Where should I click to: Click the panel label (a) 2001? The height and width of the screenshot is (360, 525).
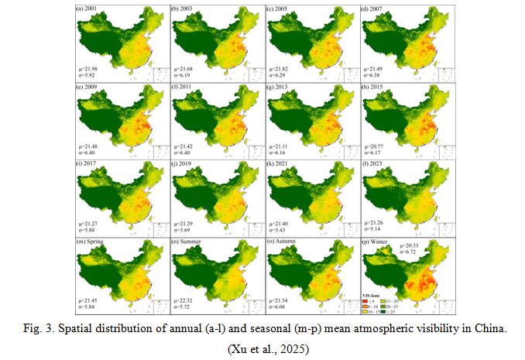(87, 9)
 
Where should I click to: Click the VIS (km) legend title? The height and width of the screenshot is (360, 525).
(371, 295)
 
